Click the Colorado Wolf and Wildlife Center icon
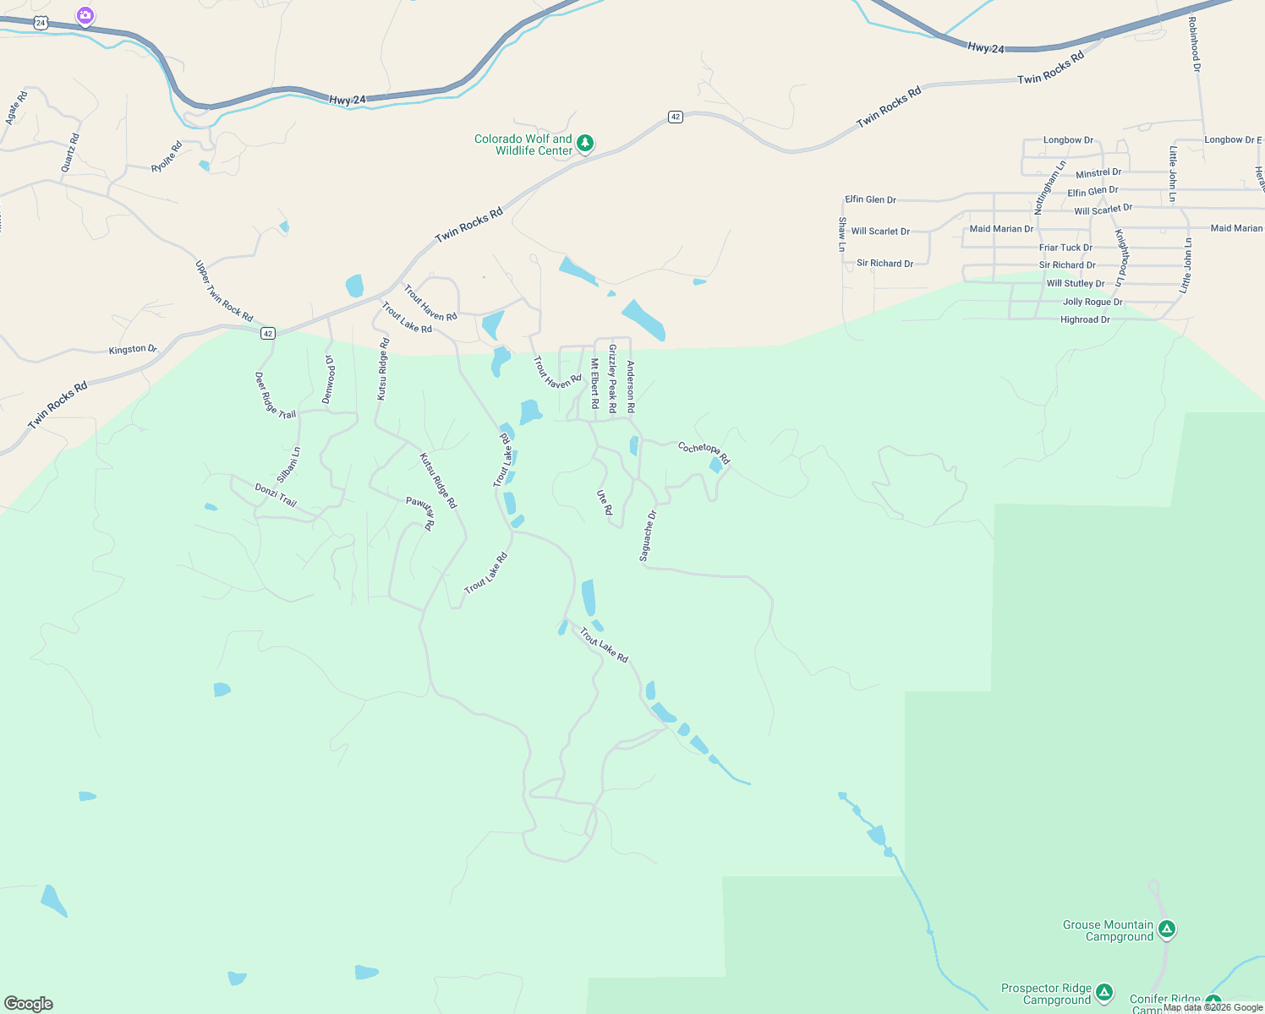pyautogui.click(x=584, y=144)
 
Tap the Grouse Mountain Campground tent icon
pyautogui.click(x=1167, y=929)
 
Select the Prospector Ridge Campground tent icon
pyautogui.click(x=1103, y=993)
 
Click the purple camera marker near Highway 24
pyautogui.click(x=85, y=15)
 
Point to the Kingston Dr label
pyautogui.click(x=133, y=349)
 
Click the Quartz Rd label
pyautogui.click(x=70, y=153)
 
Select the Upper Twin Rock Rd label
pyautogui.click(x=224, y=292)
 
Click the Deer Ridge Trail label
pyautogui.click(x=276, y=395)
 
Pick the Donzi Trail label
pyautogui.click(x=276, y=495)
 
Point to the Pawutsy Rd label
pyautogui.click(x=420, y=513)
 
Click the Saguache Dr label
pyautogui.click(x=648, y=536)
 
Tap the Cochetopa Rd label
pyautogui.click(x=704, y=452)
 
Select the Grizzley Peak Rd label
pyautogui.click(x=613, y=379)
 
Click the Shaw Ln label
pyautogui.click(x=842, y=234)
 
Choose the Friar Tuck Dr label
pyautogui.click(x=1065, y=248)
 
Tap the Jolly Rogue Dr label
pyautogui.click(x=1092, y=302)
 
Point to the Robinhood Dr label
pyautogui.click(x=1194, y=44)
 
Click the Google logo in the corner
pyautogui.click(x=28, y=1004)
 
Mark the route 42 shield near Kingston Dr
pyautogui.click(x=268, y=334)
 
